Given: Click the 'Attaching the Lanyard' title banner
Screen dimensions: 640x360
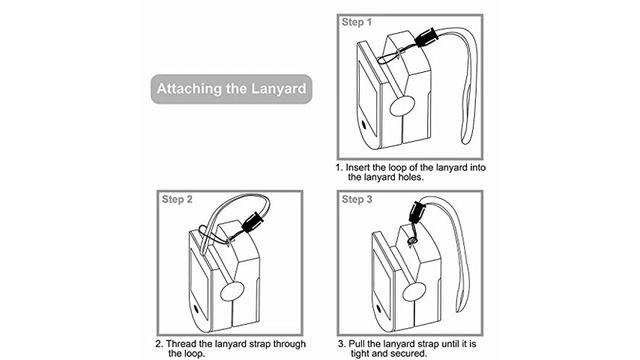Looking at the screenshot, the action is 231,89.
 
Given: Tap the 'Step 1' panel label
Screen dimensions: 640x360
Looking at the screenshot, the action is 357,22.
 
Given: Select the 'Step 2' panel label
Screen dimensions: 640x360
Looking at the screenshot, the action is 177,199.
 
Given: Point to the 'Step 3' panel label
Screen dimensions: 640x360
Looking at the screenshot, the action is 357,199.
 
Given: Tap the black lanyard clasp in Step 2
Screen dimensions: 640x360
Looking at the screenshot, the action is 252,222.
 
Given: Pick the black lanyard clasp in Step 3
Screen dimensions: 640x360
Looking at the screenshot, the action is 416,212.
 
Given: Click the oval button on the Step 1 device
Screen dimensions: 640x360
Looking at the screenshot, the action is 402,107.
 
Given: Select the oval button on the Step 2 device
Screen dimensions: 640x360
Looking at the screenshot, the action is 232,291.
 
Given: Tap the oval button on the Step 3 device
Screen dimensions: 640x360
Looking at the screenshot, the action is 414,291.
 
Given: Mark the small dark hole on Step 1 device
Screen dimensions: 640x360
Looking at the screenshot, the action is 364,125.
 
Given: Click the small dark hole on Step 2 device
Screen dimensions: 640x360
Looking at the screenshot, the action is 196,309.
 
